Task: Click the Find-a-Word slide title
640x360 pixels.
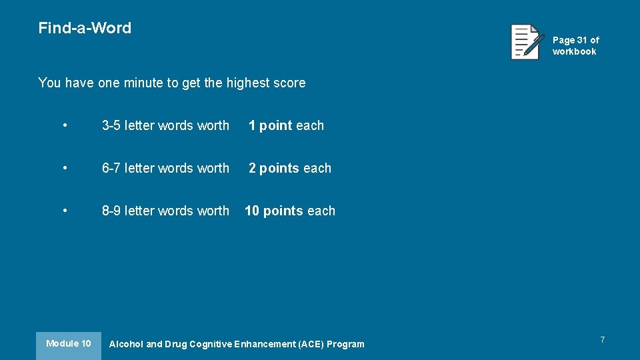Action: [85, 28]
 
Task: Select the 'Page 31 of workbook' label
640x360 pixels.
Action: [575, 45]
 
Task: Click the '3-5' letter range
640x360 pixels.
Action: [111, 125]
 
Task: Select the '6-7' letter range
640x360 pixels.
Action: [111, 168]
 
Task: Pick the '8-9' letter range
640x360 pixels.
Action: [111, 211]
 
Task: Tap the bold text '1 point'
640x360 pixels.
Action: [271, 125]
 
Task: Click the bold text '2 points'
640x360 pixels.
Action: [274, 168]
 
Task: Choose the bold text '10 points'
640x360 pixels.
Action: [274, 211]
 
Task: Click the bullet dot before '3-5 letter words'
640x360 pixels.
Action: [65, 125]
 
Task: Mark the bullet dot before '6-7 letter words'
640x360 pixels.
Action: [65, 168]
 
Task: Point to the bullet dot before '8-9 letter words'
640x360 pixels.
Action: [65, 211]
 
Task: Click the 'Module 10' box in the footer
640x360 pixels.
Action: [68, 344]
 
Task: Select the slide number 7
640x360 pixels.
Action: [602, 340]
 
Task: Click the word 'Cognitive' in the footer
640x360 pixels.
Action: [211, 344]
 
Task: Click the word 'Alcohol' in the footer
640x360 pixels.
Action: [126, 344]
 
